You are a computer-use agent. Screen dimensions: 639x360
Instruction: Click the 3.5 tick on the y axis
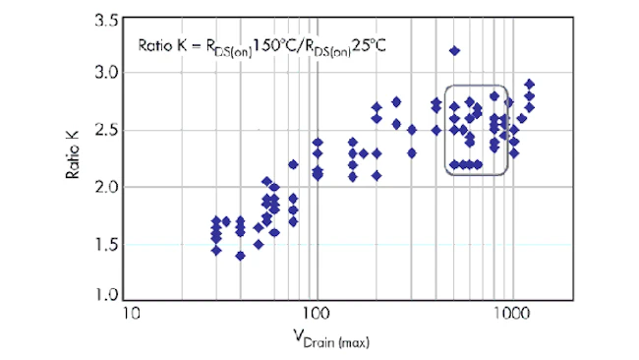click(106, 21)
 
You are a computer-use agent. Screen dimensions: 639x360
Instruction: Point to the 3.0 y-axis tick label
click(106, 73)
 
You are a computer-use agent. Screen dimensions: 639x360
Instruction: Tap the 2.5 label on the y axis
click(106, 130)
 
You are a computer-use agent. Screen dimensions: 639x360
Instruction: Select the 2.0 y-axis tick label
click(106, 187)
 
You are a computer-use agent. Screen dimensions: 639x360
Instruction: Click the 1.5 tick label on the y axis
click(106, 245)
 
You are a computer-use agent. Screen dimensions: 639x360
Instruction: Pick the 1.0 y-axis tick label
click(106, 294)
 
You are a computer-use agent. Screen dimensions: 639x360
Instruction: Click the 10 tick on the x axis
click(131, 314)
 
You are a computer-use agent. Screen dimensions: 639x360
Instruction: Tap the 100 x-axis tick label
click(317, 314)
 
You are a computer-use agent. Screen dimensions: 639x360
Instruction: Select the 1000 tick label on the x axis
click(512, 314)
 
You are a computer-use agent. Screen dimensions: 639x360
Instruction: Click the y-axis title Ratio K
click(73, 154)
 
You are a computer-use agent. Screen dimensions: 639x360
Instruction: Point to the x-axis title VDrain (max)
click(331, 338)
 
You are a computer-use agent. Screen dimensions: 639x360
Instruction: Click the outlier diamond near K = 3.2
click(454, 51)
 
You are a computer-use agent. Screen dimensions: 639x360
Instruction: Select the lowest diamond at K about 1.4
click(241, 256)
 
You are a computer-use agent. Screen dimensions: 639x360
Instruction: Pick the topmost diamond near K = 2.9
click(529, 85)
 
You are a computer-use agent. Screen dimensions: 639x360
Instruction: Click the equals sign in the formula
click(197, 46)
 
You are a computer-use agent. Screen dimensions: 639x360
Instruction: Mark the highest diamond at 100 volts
click(318, 143)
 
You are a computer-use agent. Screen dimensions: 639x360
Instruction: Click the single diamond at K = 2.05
click(267, 181)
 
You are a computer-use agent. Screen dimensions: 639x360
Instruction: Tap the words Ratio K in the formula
click(162, 45)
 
